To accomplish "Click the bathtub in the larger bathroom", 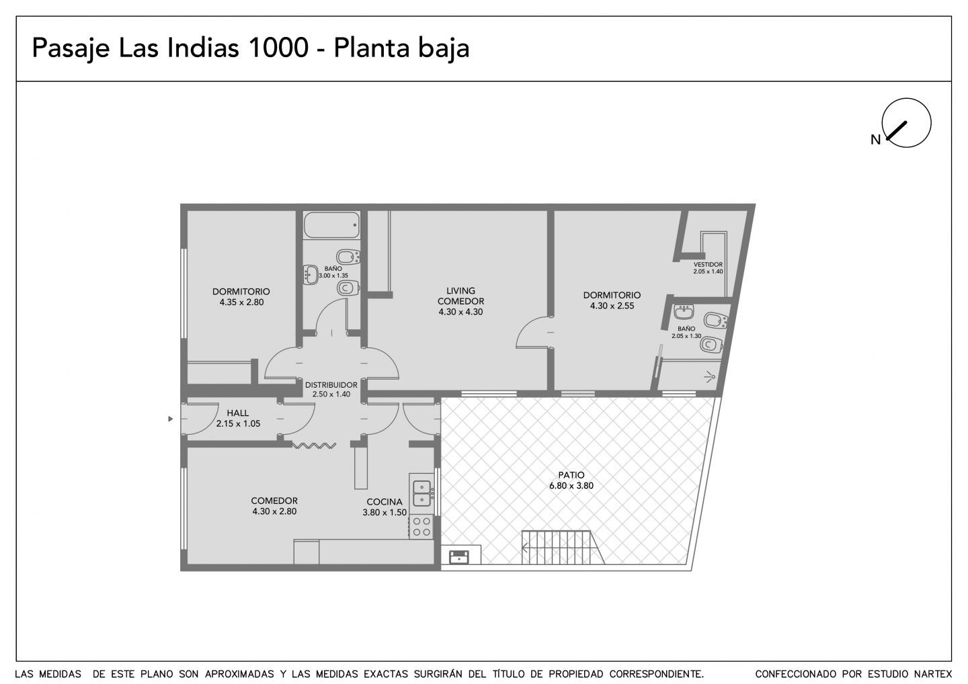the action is click(x=331, y=225).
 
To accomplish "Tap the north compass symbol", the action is click(x=906, y=123).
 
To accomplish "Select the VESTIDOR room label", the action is click(x=708, y=264).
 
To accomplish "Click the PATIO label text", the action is click(x=571, y=475).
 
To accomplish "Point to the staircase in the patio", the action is click(x=563, y=547).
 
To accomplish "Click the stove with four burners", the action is click(x=421, y=526).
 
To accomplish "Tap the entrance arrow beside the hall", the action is click(x=171, y=419).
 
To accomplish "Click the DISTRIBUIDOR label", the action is click(x=331, y=385).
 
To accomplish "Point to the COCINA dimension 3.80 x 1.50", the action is click(x=385, y=513).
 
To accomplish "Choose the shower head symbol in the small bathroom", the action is click(x=709, y=377).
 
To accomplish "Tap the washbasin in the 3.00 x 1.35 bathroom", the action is click(x=311, y=275).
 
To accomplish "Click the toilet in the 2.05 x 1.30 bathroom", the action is click(x=712, y=345).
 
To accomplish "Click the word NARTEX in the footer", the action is click(x=933, y=674).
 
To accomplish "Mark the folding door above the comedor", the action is click(x=314, y=445).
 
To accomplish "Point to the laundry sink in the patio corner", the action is click(x=458, y=556).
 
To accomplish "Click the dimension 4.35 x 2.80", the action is click(x=241, y=302).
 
